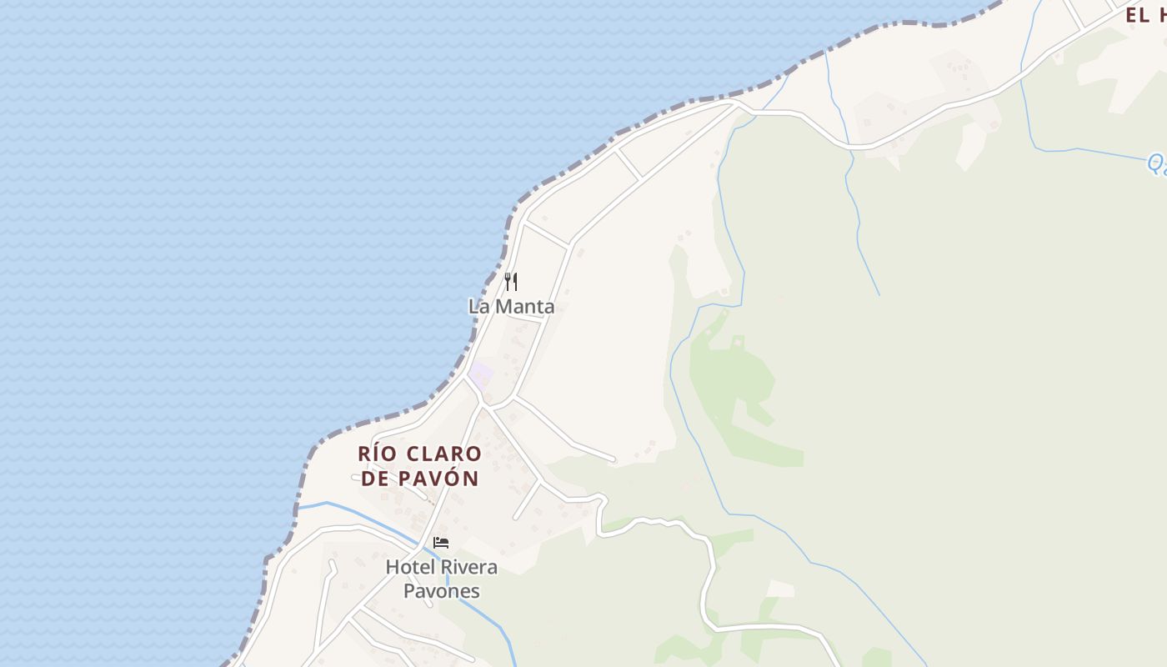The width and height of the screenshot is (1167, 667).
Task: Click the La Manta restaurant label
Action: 511,307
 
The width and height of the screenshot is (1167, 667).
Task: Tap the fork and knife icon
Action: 511,282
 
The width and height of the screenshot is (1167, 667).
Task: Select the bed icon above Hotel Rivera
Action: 441,543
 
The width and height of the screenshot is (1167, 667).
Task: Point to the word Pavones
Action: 442,591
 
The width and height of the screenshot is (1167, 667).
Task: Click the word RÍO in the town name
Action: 374,454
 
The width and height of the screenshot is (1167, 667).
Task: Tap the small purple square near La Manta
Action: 481,375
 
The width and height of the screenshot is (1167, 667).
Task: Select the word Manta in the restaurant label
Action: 524,307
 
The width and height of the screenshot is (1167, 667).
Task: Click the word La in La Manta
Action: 478,307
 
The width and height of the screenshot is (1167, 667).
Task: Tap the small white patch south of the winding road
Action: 780,589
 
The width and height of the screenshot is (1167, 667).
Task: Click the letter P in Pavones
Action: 409,591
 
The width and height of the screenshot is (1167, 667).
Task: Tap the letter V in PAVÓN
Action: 441,479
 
